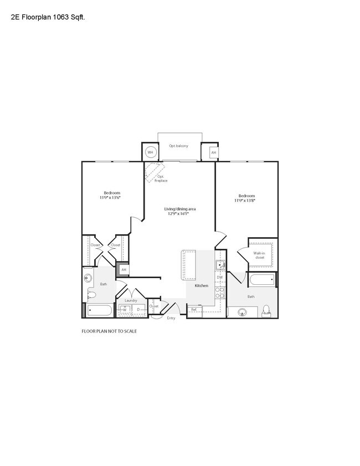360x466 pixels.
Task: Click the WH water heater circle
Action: pyautogui.click(x=150, y=152)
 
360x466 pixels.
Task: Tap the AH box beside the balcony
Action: pyautogui.click(x=213, y=152)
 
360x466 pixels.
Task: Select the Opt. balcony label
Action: pyautogui.click(x=178, y=146)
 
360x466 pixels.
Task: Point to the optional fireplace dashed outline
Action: pyautogui.click(x=153, y=172)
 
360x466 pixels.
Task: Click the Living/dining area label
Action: pyautogui.click(x=180, y=209)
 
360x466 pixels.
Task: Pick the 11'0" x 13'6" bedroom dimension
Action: pyautogui.click(x=110, y=197)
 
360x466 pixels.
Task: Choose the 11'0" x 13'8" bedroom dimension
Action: pyautogui.click(x=246, y=201)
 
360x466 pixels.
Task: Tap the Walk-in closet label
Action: pyautogui.click(x=259, y=255)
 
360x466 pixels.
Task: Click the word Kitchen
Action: pyautogui.click(x=201, y=285)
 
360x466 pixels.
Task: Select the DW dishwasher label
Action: pyautogui.click(x=219, y=278)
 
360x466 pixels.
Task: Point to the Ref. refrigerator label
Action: pyautogui.click(x=194, y=310)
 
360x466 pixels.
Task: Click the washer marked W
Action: pyautogui.click(x=125, y=310)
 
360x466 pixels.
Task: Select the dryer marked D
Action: pyautogui.click(x=138, y=310)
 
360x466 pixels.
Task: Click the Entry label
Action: pyautogui.click(x=171, y=318)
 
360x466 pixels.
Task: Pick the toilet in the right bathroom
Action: pyautogui.click(x=266, y=309)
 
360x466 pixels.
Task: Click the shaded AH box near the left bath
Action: pyautogui.click(x=124, y=270)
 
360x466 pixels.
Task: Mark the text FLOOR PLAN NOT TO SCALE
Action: pyautogui.click(x=109, y=331)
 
